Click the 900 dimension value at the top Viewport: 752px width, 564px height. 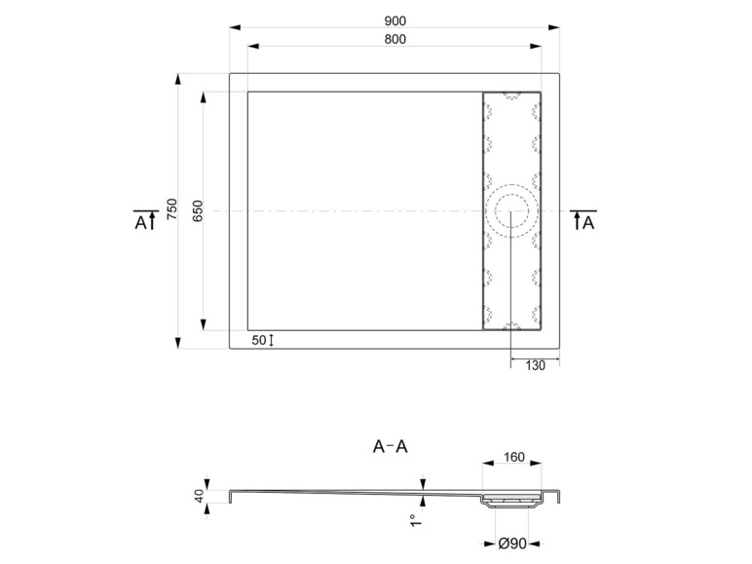tap(395, 21)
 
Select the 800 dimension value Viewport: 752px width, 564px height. tap(395, 39)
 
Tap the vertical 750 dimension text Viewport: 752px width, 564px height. tap(171, 209)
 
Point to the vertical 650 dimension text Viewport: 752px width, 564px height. tap(198, 211)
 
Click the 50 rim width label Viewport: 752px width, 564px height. tap(258, 340)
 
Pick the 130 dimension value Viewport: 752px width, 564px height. tap(535, 366)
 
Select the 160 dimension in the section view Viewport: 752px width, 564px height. tap(513, 457)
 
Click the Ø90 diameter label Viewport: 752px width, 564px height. tap(512, 544)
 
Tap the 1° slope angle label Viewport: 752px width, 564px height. tap(416, 520)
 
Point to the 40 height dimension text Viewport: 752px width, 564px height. tap(200, 496)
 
